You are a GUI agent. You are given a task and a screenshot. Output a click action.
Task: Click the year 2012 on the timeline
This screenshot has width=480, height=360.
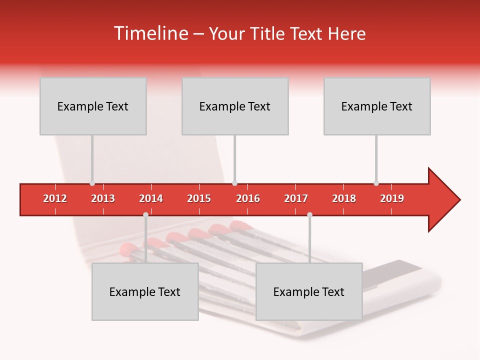point(55,198)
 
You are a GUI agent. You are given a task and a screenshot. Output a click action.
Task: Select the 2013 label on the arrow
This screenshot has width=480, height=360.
point(103,198)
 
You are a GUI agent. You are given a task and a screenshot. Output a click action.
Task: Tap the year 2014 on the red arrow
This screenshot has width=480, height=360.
point(151,198)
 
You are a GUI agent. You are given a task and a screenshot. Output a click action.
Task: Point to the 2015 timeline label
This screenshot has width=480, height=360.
point(199,198)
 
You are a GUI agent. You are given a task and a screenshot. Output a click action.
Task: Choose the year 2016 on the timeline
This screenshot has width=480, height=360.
point(248,198)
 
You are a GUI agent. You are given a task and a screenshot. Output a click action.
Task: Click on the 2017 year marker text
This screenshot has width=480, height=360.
point(296,198)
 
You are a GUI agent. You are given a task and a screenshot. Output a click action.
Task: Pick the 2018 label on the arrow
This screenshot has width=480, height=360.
point(344,198)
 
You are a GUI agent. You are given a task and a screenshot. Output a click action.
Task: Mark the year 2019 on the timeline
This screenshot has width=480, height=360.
point(392,198)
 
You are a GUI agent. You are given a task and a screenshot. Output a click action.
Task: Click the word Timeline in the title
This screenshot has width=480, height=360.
point(150,33)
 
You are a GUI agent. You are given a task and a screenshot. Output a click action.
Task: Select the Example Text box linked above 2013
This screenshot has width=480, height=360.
point(93,106)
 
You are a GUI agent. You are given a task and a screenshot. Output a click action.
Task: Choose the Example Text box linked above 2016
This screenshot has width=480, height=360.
point(235,106)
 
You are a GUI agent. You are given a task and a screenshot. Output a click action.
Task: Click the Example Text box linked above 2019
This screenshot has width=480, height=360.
point(377,106)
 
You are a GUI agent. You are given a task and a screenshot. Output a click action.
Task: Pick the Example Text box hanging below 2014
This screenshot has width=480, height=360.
point(145,291)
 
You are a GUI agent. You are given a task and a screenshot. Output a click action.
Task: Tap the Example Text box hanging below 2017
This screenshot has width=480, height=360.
point(309,291)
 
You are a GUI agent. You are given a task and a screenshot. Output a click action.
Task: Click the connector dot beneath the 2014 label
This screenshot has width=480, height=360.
point(145,214)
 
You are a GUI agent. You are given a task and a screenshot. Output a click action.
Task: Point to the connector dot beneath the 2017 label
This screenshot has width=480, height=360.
point(309,214)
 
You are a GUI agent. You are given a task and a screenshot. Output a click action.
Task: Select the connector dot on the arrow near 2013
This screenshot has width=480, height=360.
point(92,183)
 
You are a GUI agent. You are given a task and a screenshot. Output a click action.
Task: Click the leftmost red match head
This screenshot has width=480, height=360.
point(126,248)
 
